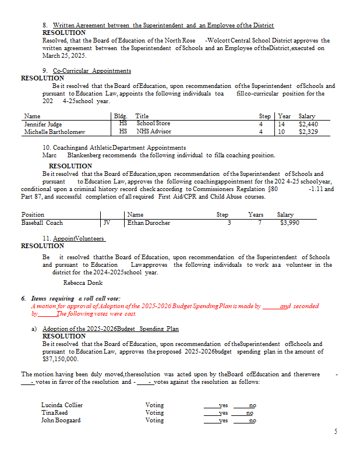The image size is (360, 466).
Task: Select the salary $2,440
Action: click(307, 124)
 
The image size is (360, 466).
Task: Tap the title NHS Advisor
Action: click(154, 132)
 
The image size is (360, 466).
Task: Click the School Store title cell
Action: click(153, 123)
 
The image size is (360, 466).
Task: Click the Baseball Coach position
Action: click(42, 223)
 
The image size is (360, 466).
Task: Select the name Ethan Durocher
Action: click(149, 223)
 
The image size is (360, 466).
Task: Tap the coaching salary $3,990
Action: click(289, 223)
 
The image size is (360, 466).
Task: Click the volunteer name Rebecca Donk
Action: click(83, 283)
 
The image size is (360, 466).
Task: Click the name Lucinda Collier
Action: click(62, 405)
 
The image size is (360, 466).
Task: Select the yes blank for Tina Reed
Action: click(216, 413)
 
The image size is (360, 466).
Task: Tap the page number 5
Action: click(336, 432)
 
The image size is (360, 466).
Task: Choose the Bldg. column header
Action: click(123, 116)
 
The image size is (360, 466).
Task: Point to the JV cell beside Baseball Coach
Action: click(107, 223)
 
